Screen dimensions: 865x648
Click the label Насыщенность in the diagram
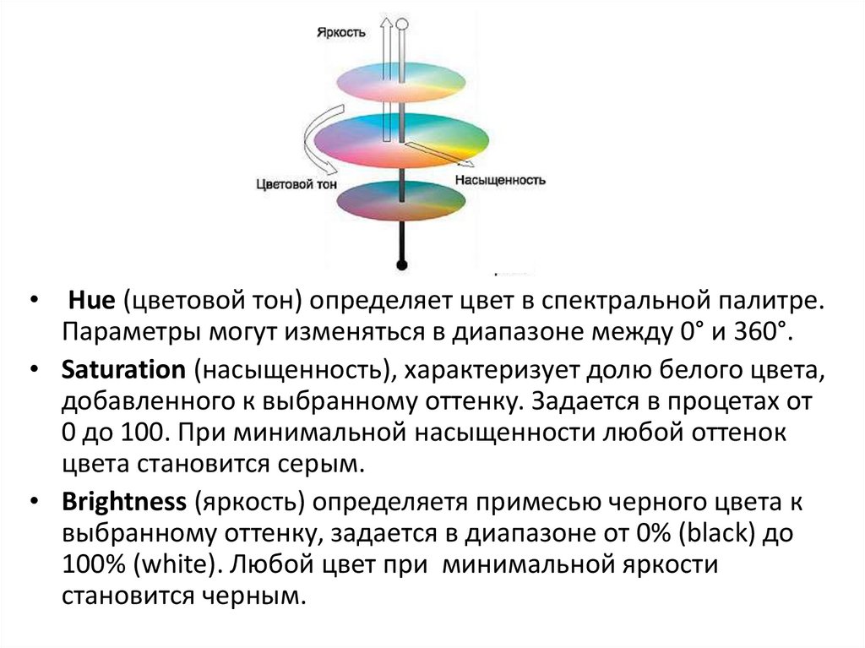click(x=500, y=180)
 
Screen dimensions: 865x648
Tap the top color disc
click(x=403, y=81)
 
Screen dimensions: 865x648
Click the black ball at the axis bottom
click(x=402, y=265)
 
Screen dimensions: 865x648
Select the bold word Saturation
click(x=122, y=370)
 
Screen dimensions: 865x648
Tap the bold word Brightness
click(x=123, y=502)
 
